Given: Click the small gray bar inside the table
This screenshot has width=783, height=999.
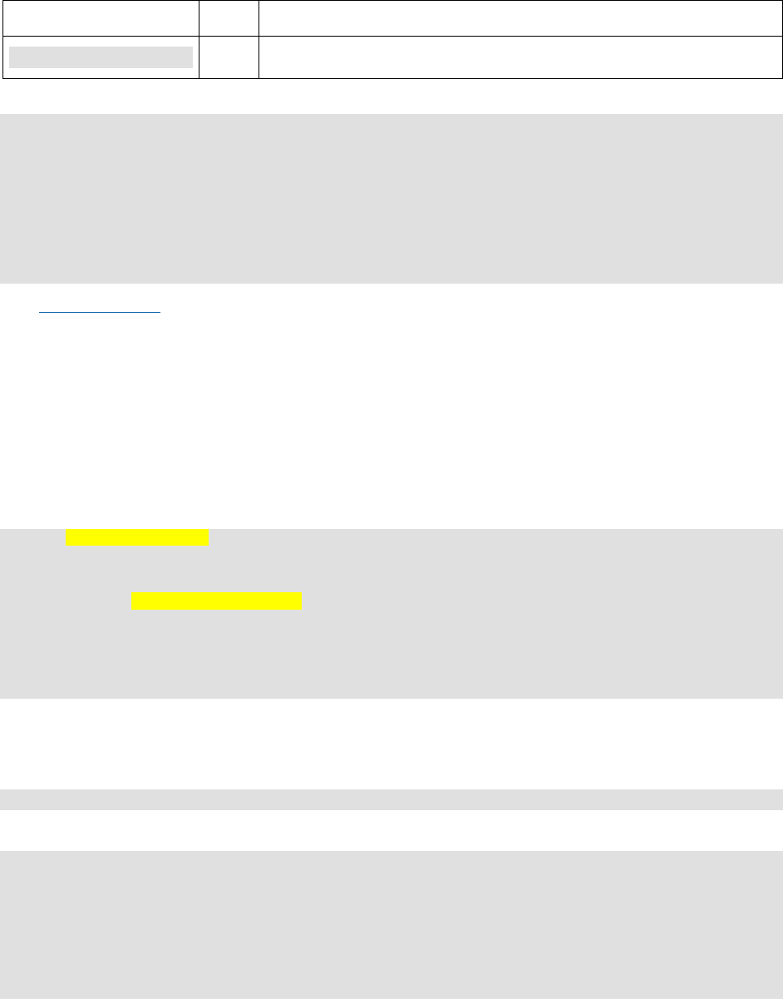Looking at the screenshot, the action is [101, 57].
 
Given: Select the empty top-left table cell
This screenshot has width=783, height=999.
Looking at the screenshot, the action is [101, 17].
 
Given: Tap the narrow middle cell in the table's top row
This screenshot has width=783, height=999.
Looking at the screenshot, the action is [229, 17].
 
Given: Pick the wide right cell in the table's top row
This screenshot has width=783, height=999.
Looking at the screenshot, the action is [520, 17].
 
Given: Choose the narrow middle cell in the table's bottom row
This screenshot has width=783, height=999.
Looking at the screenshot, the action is [229, 57].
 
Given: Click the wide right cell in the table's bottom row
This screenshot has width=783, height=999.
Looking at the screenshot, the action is [520, 57].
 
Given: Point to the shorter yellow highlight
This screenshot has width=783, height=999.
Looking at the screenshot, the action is [137, 537].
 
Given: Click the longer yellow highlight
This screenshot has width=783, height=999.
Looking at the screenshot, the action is [216, 601].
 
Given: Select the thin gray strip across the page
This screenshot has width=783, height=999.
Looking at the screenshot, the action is [391, 799].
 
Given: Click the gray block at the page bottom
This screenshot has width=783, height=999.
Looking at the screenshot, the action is [391, 924].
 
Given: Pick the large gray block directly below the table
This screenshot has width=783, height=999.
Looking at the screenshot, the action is [391, 199].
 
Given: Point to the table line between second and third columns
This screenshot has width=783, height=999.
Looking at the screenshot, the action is [259, 39].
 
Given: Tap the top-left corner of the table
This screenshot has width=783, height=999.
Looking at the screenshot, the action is [2, 1].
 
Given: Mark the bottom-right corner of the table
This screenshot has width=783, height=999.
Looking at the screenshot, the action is [781, 78].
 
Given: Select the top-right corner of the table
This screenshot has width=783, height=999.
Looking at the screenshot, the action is [781, 1].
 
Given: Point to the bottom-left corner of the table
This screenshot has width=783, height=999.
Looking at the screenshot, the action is [2, 78].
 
